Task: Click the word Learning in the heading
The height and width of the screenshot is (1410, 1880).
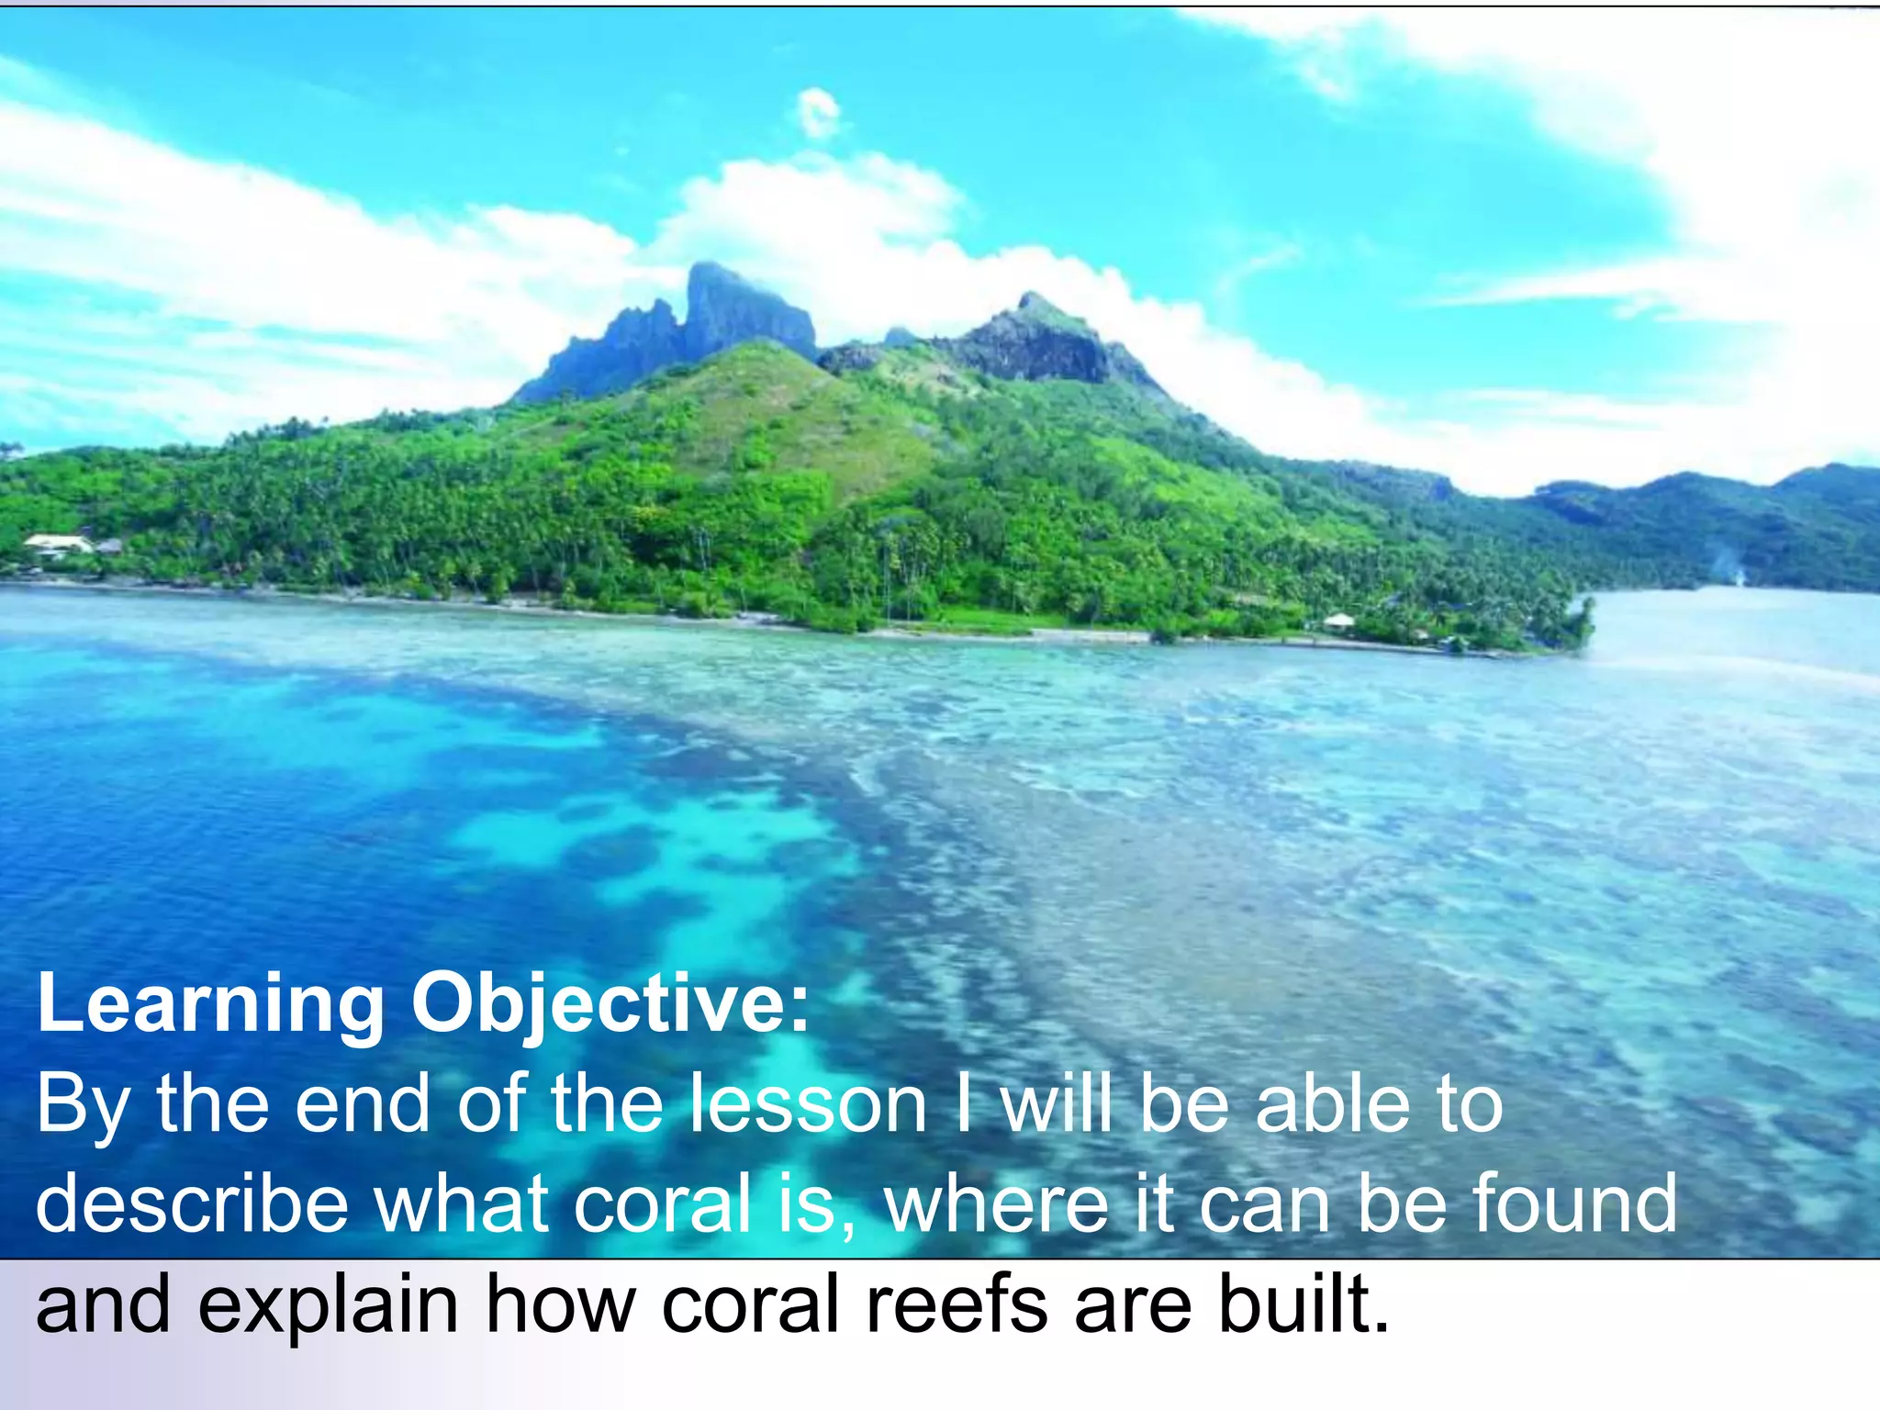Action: [x=210, y=1005]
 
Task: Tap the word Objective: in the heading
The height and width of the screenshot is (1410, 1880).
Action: [x=610, y=1005]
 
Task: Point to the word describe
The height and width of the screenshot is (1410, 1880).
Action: [x=192, y=1203]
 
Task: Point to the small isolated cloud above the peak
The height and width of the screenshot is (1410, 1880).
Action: [x=818, y=113]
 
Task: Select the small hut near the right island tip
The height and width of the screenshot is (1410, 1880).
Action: [x=1338, y=621]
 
